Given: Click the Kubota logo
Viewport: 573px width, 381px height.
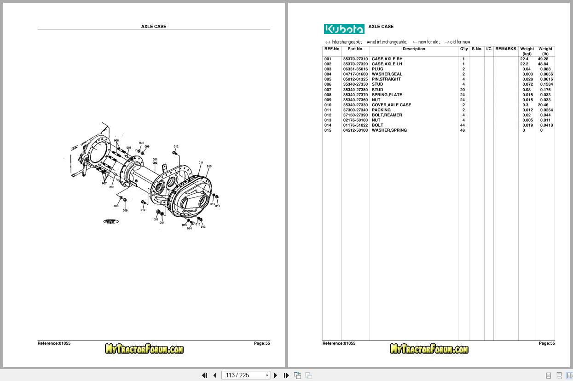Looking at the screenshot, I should [344, 29].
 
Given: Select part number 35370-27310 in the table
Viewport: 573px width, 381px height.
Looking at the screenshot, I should [355, 59].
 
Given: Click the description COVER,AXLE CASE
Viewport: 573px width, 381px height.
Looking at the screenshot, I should [391, 105].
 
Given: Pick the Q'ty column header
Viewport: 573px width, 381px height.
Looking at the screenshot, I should [463, 49].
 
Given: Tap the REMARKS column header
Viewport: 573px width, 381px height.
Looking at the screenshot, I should [505, 49].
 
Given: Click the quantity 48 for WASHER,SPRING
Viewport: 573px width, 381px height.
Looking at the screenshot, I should [463, 130].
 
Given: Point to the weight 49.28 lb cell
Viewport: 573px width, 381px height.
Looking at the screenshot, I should [543, 59].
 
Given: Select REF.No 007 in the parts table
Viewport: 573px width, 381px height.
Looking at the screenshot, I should [328, 90].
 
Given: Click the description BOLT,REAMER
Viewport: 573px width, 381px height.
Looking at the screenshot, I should [387, 115].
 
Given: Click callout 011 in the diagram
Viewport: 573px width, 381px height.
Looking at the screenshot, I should [201, 163].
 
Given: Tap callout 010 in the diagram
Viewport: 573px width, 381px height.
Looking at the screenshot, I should [209, 167].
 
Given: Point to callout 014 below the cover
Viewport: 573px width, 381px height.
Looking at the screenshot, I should [189, 229].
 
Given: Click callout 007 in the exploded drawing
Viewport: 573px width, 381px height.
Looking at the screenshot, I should [104, 184].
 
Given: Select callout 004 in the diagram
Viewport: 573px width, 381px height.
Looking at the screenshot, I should [162, 223].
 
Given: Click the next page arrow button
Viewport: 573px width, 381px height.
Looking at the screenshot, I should [276, 375].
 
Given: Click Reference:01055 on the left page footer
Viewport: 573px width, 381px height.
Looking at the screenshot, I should [54, 343].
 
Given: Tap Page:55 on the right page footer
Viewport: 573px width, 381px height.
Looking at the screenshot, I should [547, 343].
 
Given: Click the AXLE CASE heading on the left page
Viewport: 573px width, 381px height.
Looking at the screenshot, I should [154, 27].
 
